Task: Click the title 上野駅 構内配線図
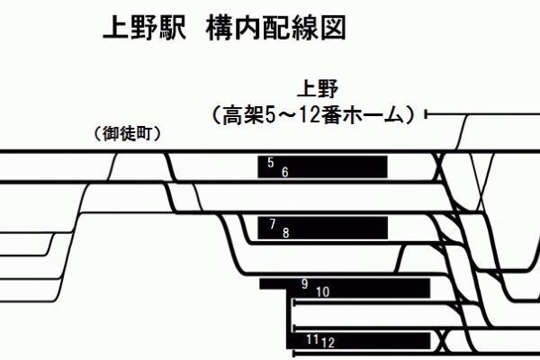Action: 226,31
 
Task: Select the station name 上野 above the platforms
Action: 319,91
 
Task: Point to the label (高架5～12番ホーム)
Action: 311,115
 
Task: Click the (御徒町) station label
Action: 127,135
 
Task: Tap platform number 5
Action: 271,162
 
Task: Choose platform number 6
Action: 284,171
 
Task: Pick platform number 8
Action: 286,232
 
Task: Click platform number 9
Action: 305,283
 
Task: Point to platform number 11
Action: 311,339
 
